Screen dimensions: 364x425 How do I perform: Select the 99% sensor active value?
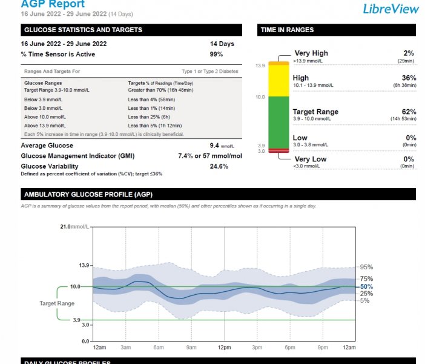click(x=216, y=55)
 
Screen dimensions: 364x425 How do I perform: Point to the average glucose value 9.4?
click(x=214, y=146)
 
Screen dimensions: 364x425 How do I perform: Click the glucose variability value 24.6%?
click(x=219, y=166)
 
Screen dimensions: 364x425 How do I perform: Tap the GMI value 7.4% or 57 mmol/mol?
click(x=209, y=156)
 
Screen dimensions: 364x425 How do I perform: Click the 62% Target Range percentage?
click(x=409, y=112)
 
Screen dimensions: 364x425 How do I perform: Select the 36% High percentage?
click(x=409, y=78)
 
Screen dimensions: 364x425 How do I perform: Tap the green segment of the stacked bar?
click(x=279, y=122)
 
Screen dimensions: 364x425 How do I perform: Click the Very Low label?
click(x=310, y=159)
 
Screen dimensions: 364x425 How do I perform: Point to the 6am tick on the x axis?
click(x=159, y=347)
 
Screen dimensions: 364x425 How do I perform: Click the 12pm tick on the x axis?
click(x=224, y=347)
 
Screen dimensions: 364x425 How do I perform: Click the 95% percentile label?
click(x=366, y=267)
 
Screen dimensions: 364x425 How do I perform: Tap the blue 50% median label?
click(x=366, y=286)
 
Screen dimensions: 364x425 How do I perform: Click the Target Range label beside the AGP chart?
click(x=57, y=303)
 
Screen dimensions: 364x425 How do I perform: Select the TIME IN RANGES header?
click(x=287, y=30)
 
